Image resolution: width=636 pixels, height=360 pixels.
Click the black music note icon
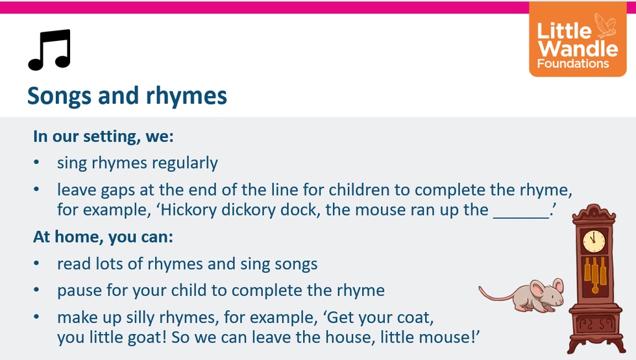click(49, 49)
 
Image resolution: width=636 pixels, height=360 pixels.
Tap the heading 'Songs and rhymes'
click(127, 96)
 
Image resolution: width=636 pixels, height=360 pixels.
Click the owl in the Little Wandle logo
click(605, 25)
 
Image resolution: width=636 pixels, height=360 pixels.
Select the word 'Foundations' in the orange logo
click(573, 64)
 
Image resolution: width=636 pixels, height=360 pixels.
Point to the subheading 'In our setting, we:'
click(103, 136)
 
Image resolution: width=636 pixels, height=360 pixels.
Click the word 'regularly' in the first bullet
click(185, 163)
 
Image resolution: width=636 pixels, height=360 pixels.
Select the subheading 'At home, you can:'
click(103, 237)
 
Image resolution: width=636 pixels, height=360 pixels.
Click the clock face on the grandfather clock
click(594, 241)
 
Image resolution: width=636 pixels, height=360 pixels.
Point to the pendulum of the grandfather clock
click(595, 276)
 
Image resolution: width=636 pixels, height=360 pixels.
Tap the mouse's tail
click(497, 295)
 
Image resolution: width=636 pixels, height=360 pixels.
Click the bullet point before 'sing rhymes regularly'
click(36, 163)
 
